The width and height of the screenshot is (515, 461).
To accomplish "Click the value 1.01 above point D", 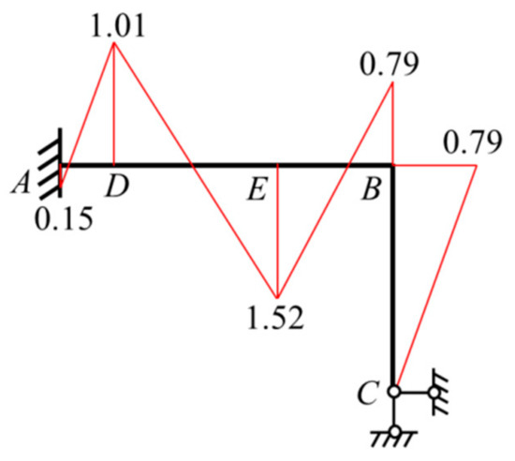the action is (118, 26).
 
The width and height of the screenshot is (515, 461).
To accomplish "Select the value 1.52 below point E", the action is (275, 318).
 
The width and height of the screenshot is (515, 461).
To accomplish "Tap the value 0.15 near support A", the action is (64, 219).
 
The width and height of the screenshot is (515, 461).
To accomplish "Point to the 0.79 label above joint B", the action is (390, 65).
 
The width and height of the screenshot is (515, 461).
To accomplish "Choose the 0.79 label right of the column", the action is (473, 142).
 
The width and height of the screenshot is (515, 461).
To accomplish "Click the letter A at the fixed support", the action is (22, 184).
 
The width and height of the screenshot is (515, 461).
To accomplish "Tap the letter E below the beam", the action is (257, 189).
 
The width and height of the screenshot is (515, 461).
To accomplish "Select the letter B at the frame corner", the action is (372, 189).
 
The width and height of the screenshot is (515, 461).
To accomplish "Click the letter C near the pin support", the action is (368, 393).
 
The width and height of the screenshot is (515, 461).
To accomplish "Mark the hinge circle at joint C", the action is (394, 392).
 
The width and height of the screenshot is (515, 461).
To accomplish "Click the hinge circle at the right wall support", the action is (434, 392).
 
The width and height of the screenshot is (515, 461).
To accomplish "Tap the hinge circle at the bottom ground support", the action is (395, 430).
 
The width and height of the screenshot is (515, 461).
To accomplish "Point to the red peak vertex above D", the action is (114, 43).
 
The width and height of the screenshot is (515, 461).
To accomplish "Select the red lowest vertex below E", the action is (277, 297).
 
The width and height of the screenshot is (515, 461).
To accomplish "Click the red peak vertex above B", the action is (392, 82).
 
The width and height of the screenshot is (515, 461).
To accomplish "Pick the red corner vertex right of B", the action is (476, 165).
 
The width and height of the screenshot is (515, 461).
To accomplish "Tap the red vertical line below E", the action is (277, 230).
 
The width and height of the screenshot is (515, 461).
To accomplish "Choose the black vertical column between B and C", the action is (394, 275).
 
